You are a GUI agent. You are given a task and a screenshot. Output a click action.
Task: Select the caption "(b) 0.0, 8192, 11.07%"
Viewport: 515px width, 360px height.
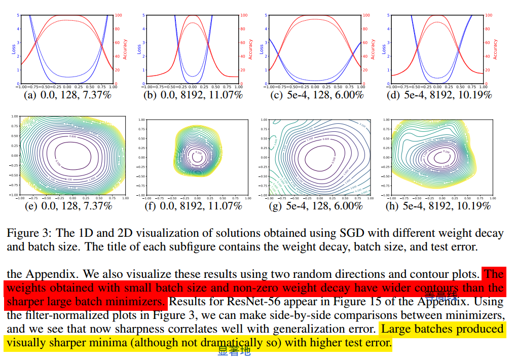click(193, 95)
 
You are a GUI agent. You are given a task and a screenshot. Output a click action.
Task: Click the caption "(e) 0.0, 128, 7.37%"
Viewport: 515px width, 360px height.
click(68, 206)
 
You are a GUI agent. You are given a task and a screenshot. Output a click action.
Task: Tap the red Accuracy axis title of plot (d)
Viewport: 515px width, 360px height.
click(495, 49)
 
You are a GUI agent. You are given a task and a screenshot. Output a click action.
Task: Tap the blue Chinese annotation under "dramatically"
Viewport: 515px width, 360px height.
click(234, 351)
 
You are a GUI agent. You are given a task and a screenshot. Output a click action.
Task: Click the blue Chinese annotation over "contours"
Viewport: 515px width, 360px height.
click(441, 295)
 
